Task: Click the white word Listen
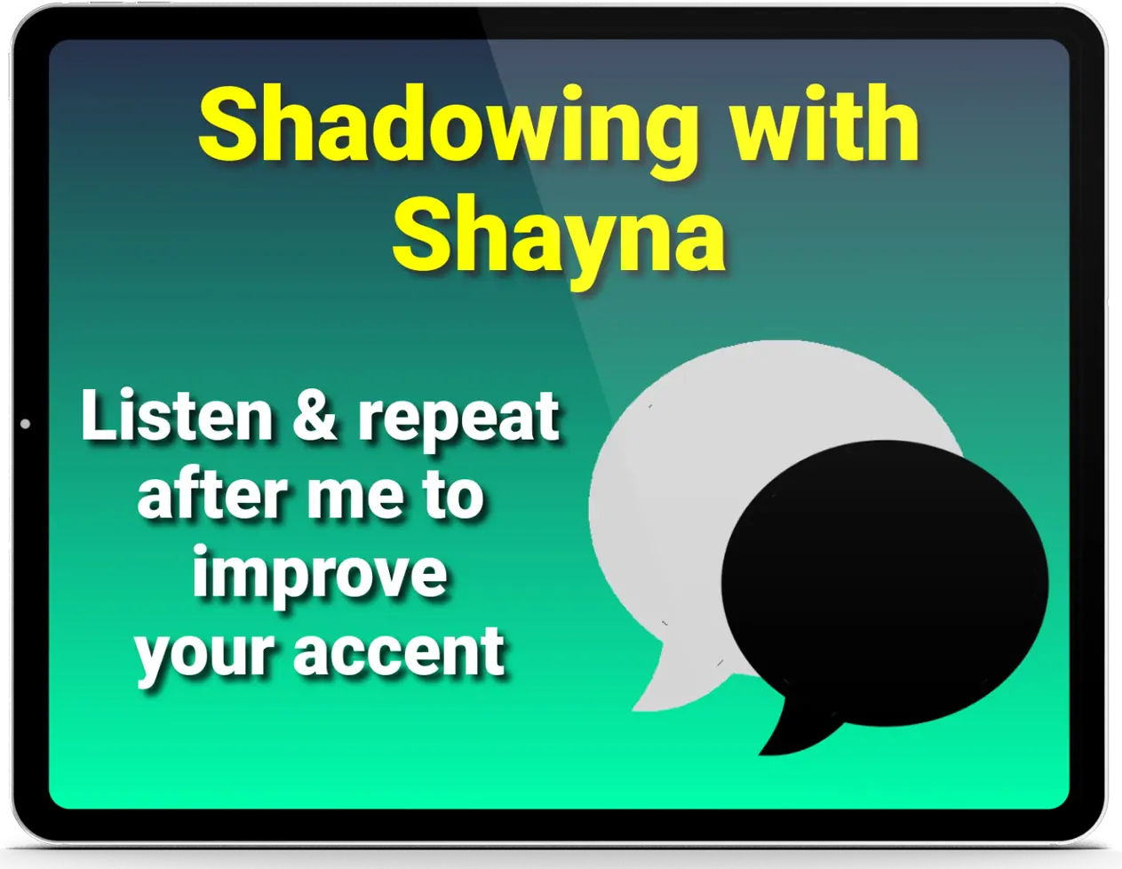[x=177, y=416]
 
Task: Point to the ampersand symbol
[x=315, y=416]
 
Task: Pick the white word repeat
[x=458, y=421]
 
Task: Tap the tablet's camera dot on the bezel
[x=25, y=424]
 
